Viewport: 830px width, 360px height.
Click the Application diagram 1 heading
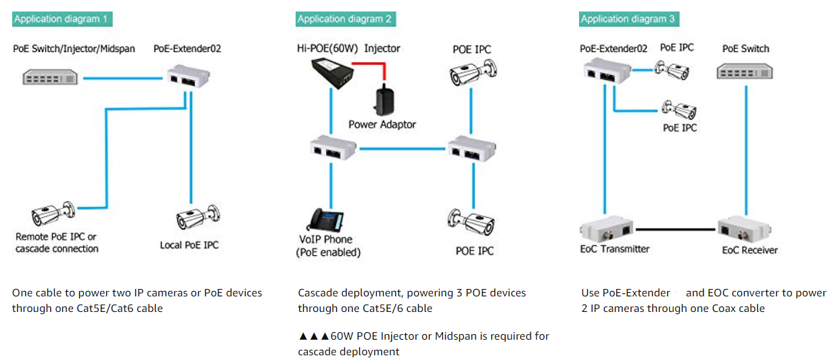(x=62, y=19)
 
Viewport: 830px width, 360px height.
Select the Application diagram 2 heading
(x=345, y=19)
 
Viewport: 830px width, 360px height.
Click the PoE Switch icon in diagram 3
(x=745, y=70)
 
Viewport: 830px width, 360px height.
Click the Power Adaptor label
(x=382, y=125)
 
